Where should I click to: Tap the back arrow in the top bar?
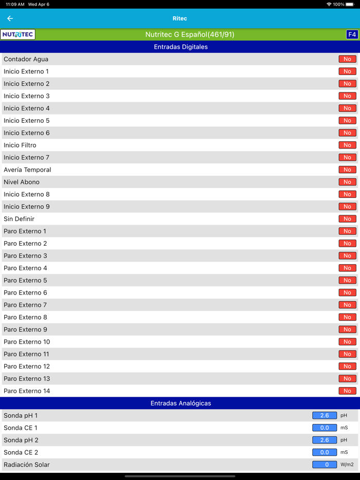click(x=10, y=19)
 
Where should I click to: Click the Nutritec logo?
click(x=18, y=34)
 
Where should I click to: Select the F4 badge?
click(x=352, y=34)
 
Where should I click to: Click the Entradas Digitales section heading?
click(x=181, y=47)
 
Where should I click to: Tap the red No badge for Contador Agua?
click(x=347, y=59)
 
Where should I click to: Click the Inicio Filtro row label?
click(x=20, y=145)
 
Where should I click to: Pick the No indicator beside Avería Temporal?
click(x=347, y=170)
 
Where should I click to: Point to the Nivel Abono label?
click(x=22, y=182)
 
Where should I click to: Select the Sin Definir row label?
click(x=19, y=219)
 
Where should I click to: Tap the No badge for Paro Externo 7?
click(x=347, y=305)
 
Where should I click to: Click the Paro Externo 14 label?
click(x=27, y=391)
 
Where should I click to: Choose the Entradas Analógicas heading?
click(x=181, y=403)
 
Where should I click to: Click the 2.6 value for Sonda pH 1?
click(x=325, y=415)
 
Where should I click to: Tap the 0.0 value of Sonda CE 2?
click(x=325, y=452)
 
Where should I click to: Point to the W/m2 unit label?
click(x=347, y=465)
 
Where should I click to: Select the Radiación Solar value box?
click(x=325, y=465)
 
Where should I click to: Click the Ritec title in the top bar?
click(x=179, y=19)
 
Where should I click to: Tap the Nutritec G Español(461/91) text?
click(x=190, y=34)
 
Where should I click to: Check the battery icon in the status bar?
click(x=350, y=4)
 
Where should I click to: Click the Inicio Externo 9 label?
click(x=27, y=207)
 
